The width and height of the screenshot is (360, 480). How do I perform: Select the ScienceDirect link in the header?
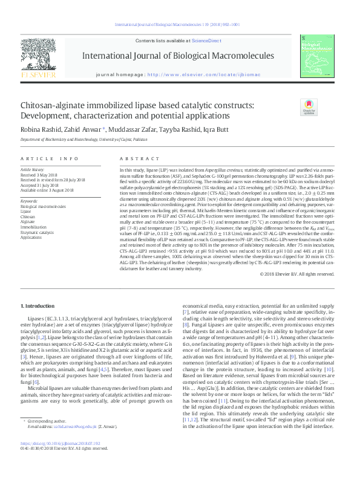(206, 41)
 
